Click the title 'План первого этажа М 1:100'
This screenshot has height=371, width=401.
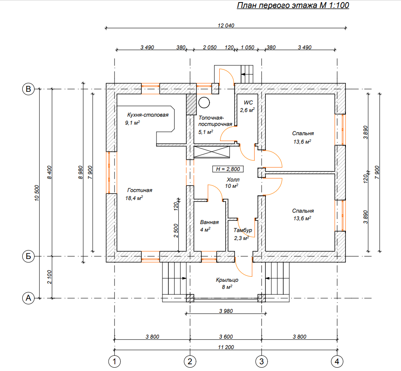[293, 6]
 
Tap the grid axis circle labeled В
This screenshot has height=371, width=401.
[28, 89]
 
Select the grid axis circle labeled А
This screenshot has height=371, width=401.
[28, 298]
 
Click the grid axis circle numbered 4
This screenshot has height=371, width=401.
[336, 361]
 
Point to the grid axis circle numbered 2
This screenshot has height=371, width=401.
[190, 361]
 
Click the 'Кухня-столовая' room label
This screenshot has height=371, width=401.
[147, 115]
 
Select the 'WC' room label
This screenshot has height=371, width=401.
[248, 102]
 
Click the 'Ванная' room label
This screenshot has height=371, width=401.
[209, 222]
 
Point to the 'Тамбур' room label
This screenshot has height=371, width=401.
[243, 230]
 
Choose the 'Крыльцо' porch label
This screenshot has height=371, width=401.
[227, 280]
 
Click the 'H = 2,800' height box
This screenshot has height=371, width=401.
[228, 169]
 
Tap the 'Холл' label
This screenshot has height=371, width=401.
[232, 179]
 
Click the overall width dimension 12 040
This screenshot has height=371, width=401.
[226, 25]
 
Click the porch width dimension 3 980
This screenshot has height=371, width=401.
[226, 311]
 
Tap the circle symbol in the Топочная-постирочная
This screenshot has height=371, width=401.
[204, 102]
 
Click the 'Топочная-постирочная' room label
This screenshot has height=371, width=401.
[215, 121]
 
